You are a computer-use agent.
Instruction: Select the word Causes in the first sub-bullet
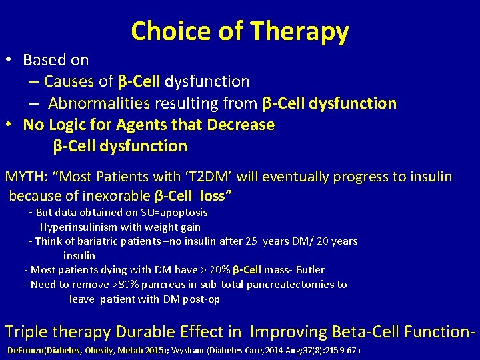(69, 81)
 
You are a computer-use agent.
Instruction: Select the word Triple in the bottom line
(25, 331)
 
